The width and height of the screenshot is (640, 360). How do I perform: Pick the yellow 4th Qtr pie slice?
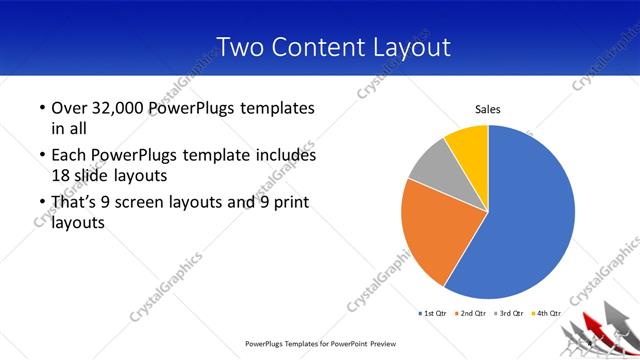(x=467, y=144)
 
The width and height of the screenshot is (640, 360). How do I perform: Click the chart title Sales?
(x=487, y=109)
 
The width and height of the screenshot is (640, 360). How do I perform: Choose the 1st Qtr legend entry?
(x=432, y=314)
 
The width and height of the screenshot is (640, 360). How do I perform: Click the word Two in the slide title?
(x=237, y=46)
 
